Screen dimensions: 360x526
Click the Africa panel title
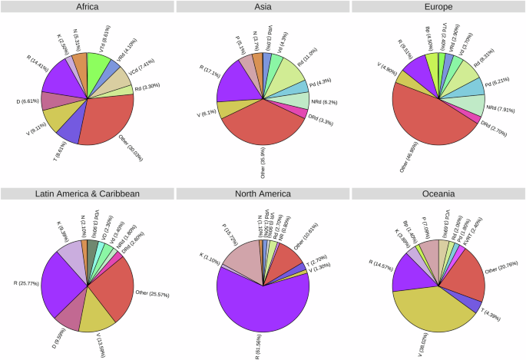87,7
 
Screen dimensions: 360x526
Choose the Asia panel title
263,7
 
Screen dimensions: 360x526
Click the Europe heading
438,7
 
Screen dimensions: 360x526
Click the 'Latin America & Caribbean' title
87,193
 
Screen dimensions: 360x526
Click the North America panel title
263,193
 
